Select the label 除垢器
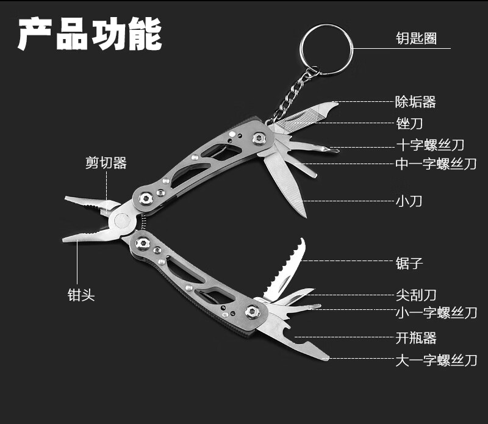point(415,102)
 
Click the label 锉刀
point(409,123)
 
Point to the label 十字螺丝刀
point(430,145)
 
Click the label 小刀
point(409,201)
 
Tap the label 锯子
point(409,263)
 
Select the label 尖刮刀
point(416,295)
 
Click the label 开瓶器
point(416,337)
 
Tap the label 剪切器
point(106,163)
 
